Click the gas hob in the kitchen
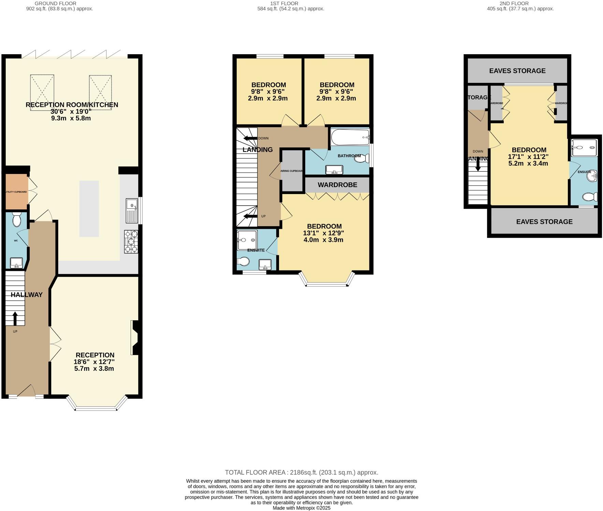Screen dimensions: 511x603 [x=131, y=242]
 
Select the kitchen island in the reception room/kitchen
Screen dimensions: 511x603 [x=89, y=209]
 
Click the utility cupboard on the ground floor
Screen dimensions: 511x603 [x=16, y=192]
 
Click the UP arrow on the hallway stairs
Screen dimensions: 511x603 [x=15, y=318]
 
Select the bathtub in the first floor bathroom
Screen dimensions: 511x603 [x=350, y=137]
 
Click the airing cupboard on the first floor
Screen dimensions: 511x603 [x=292, y=171]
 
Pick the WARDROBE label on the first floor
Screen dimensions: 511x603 [x=337, y=185]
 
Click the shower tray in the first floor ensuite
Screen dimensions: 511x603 [x=247, y=240]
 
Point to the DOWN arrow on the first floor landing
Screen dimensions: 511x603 [x=250, y=138]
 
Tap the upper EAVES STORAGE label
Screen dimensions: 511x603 [x=517, y=71]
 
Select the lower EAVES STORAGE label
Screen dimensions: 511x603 [x=544, y=222]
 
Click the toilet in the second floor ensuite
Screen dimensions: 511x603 [x=590, y=197]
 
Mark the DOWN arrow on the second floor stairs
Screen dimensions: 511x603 [x=477, y=165]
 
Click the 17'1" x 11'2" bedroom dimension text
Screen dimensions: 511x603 [x=528, y=157]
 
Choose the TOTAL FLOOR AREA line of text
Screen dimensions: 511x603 [x=301, y=472]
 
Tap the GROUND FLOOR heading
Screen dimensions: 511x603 [x=55, y=3]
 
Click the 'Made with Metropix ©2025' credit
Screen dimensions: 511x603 [x=301, y=508]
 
